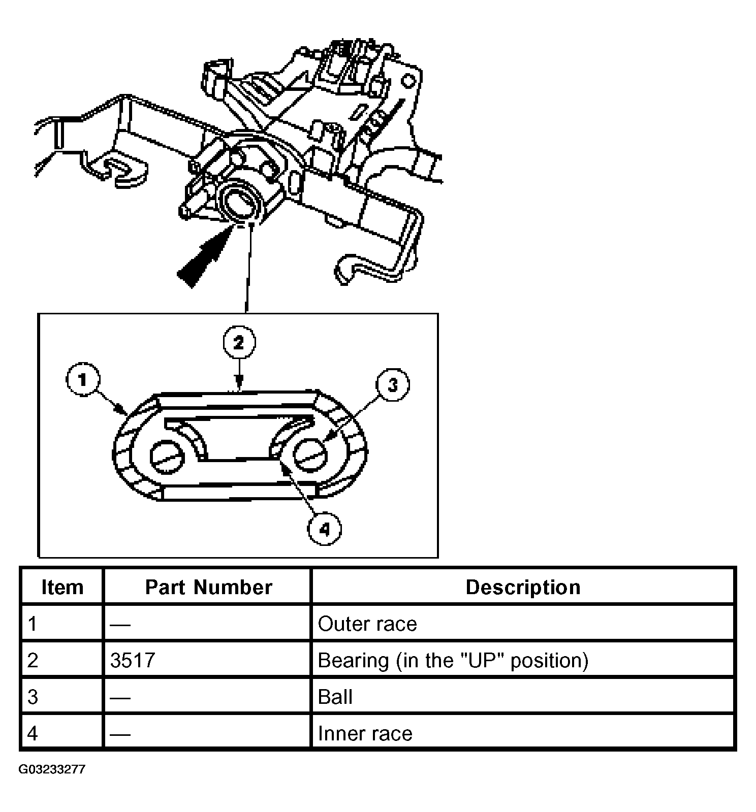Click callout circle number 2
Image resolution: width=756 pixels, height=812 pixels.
(239, 343)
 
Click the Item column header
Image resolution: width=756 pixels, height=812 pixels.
(62, 587)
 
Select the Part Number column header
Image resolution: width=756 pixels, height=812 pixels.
(208, 587)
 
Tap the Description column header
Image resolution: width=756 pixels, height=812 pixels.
(523, 587)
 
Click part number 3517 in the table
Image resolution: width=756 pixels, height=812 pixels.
(133, 660)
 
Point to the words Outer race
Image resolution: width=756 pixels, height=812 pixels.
(367, 624)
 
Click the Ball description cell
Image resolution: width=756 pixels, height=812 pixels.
(335, 697)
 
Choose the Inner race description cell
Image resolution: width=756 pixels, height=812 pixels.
(365, 733)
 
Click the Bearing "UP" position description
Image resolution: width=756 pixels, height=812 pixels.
(453, 660)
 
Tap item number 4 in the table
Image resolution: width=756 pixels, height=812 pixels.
(33, 733)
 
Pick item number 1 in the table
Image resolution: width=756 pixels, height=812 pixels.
(33, 624)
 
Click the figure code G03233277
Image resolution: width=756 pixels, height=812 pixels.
(52, 769)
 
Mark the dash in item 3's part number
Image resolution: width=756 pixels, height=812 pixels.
(120, 697)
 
